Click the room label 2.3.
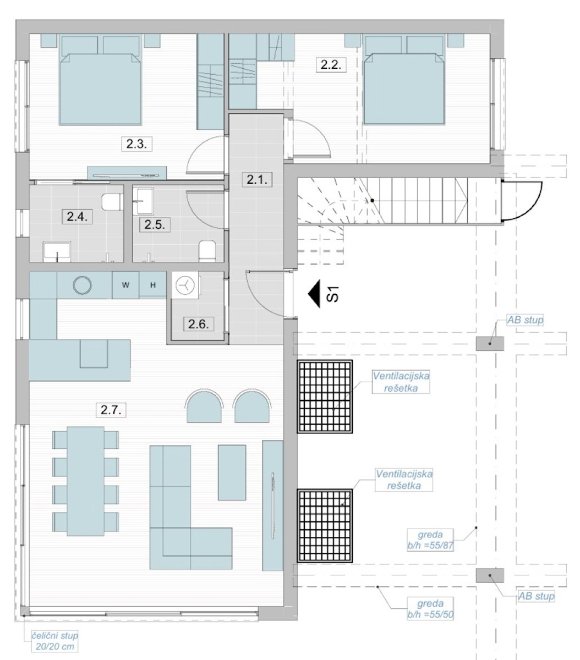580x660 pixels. tap(136, 144)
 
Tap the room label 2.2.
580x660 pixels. tap(331, 65)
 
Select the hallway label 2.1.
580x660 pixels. tap(257, 179)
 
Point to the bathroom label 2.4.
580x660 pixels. tap(77, 217)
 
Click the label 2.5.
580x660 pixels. tap(155, 224)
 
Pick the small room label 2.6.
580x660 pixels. tap(199, 324)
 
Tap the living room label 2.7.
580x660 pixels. tap(111, 410)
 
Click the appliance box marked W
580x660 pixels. tap(125, 285)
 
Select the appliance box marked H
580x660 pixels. tap(153, 285)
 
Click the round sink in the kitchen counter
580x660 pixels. tap(83, 285)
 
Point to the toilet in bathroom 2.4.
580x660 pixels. tap(112, 202)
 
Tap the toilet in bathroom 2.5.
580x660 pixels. tap(207, 251)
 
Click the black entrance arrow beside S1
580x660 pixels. tap(315, 294)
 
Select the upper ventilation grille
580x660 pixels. tap(325, 397)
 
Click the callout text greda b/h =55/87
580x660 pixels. tap(430, 540)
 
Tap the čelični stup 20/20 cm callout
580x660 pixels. tap(55, 641)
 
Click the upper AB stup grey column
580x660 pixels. tap(490, 344)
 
